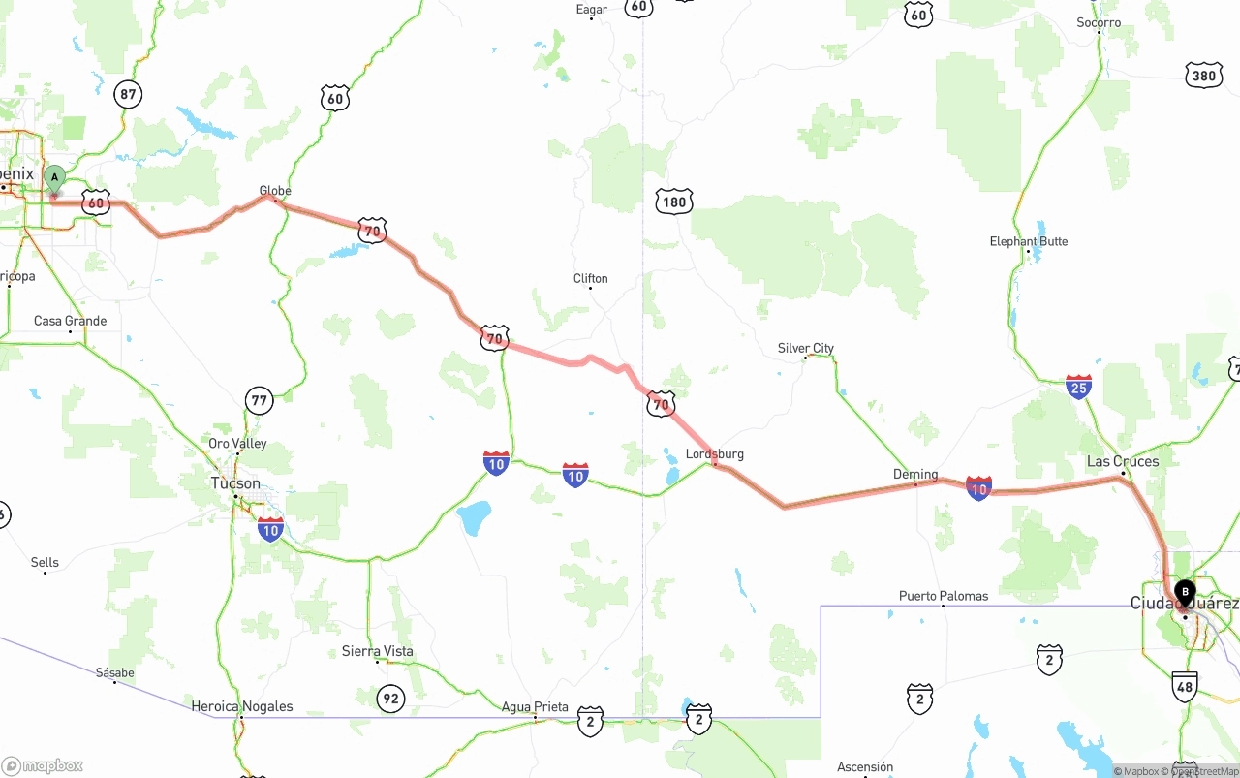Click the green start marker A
(x=55, y=178)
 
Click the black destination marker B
(x=1185, y=592)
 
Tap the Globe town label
(x=275, y=191)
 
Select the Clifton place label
(x=590, y=279)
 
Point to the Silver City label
(x=805, y=348)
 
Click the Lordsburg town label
(x=715, y=454)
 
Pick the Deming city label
(x=915, y=475)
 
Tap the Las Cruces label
(x=1123, y=461)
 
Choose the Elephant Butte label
(x=1029, y=241)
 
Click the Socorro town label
(x=1099, y=22)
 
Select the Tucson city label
(x=235, y=483)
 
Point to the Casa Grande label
(x=71, y=321)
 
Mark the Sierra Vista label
(x=378, y=651)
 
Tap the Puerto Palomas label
(x=944, y=596)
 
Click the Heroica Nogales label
(x=242, y=706)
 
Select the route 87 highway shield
(x=127, y=94)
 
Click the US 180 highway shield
(x=673, y=202)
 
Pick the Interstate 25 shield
(x=1078, y=387)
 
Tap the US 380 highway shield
(x=1203, y=76)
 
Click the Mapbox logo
(x=44, y=765)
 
